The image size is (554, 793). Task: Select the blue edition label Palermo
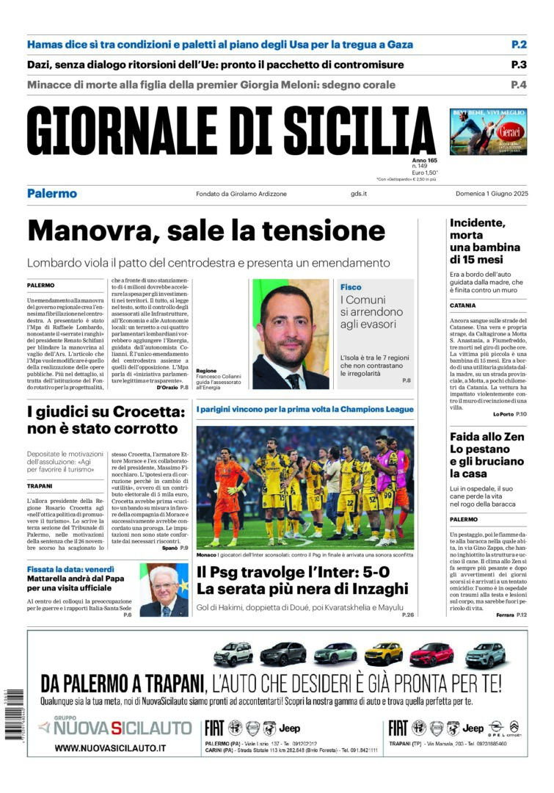tap(52, 194)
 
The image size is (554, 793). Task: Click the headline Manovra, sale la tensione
tap(196, 231)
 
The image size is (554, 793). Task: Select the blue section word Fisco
tap(351, 286)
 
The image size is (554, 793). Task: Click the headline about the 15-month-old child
tap(485, 241)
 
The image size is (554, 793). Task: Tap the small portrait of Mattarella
tap(164, 590)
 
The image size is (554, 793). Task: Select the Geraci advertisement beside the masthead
tap(488, 131)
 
